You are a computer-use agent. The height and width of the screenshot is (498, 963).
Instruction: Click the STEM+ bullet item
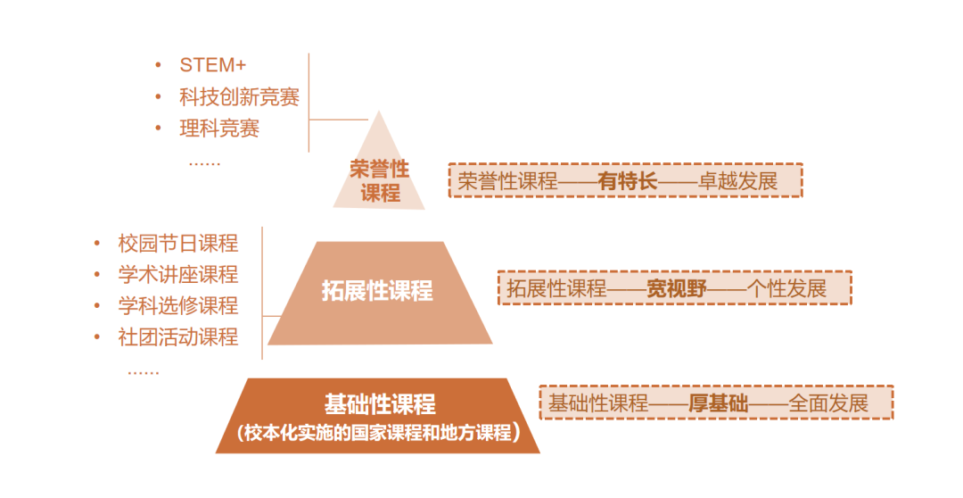tap(213, 65)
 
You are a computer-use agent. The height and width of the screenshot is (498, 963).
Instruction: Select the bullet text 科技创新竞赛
tap(239, 97)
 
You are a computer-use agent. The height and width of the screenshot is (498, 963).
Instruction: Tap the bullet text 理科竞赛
tap(219, 129)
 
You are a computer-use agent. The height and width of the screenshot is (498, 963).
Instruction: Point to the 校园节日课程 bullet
tap(178, 243)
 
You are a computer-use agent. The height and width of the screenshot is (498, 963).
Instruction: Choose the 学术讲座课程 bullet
tap(178, 274)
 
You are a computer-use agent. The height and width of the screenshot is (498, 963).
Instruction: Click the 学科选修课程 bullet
tap(178, 305)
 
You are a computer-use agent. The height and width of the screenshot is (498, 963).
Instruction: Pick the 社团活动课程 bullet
tap(178, 336)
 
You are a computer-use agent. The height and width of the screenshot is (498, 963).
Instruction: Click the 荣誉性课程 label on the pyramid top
tap(380, 181)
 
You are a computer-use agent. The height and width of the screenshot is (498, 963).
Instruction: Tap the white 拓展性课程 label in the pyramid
tap(377, 291)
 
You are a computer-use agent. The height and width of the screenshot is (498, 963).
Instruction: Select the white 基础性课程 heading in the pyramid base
tap(380, 404)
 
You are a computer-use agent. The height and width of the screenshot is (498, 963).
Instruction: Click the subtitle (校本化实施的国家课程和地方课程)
tap(378, 434)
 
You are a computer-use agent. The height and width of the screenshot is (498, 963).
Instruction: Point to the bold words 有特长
tap(628, 181)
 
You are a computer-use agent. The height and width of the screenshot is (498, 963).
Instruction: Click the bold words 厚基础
tap(718, 403)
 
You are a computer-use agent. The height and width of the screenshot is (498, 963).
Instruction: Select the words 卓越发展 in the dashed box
tap(738, 181)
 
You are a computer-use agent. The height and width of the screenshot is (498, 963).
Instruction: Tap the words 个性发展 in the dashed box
tap(787, 288)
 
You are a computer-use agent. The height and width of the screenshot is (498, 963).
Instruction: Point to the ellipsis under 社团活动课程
tap(144, 371)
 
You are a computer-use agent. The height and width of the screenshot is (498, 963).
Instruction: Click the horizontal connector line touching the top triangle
tap(339, 120)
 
